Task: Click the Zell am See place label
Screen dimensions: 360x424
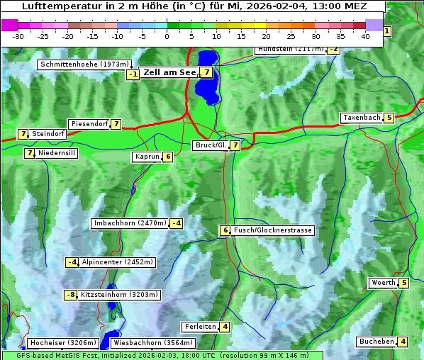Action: [x=169, y=72]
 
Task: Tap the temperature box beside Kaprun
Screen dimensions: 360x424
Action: [x=167, y=157]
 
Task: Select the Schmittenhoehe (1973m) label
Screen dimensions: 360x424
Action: [x=84, y=64]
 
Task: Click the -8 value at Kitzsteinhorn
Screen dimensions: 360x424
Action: [x=70, y=295]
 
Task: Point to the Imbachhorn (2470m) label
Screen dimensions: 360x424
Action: [x=130, y=223]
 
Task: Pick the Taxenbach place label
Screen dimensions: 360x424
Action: [x=362, y=118]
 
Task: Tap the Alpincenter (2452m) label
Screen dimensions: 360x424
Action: [x=117, y=262]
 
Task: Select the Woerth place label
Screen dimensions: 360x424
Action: [x=384, y=283]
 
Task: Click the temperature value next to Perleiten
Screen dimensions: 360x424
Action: [x=224, y=327]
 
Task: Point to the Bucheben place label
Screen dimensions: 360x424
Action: [x=376, y=342]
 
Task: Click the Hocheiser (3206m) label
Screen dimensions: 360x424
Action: [x=63, y=343]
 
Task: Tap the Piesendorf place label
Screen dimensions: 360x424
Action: [x=89, y=124]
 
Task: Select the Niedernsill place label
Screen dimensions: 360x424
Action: [x=57, y=152]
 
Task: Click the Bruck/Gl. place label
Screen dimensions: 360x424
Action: [x=210, y=145]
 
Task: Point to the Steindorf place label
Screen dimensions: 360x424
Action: [x=48, y=134]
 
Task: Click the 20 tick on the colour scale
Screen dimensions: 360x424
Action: [x=266, y=35]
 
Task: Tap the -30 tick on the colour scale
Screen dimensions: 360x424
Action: [x=18, y=35]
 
